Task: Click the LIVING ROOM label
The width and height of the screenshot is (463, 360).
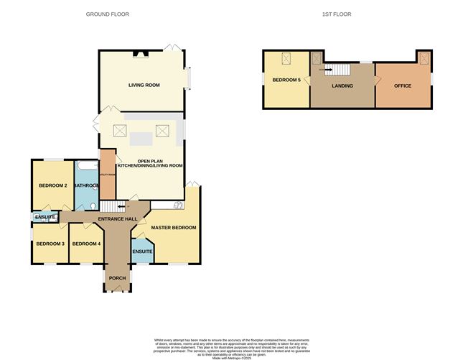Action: tap(144, 85)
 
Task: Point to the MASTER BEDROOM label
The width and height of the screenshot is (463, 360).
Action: tap(173, 228)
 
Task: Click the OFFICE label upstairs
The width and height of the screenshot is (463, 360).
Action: tap(402, 86)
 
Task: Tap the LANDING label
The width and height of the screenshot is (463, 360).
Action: tap(341, 86)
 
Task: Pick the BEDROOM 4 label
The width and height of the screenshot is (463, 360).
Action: tap(87, 244)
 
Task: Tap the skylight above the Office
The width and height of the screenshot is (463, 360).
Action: tap(423, 59)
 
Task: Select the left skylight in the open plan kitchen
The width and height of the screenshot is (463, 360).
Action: tap(121, 131)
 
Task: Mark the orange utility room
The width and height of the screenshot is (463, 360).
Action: tap(107, 174)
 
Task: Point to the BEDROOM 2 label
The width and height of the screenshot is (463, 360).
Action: tap(52, 185)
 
